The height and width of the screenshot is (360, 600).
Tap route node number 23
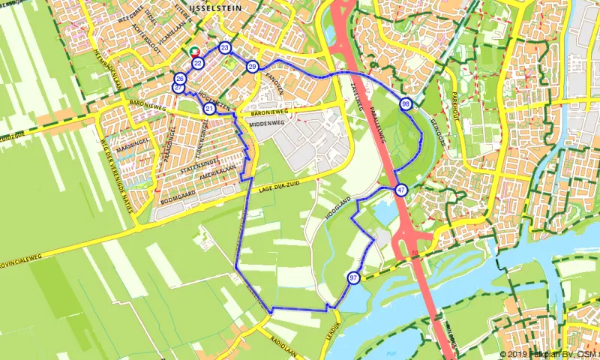click(x=225, y=48)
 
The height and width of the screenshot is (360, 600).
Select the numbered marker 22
click(x=197, y=63)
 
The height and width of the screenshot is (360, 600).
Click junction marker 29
click(x=253, y=67)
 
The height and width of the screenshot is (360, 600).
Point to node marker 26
click(x=180, y=79)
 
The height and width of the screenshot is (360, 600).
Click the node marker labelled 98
click(x=406, y=103)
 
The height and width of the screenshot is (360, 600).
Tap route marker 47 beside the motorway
click(x=402, y=190)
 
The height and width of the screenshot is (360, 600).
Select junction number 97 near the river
click(x=353, y=277)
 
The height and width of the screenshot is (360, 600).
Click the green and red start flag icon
click(x=194, y=52)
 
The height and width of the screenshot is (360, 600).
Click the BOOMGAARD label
click(x=178, y=202)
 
